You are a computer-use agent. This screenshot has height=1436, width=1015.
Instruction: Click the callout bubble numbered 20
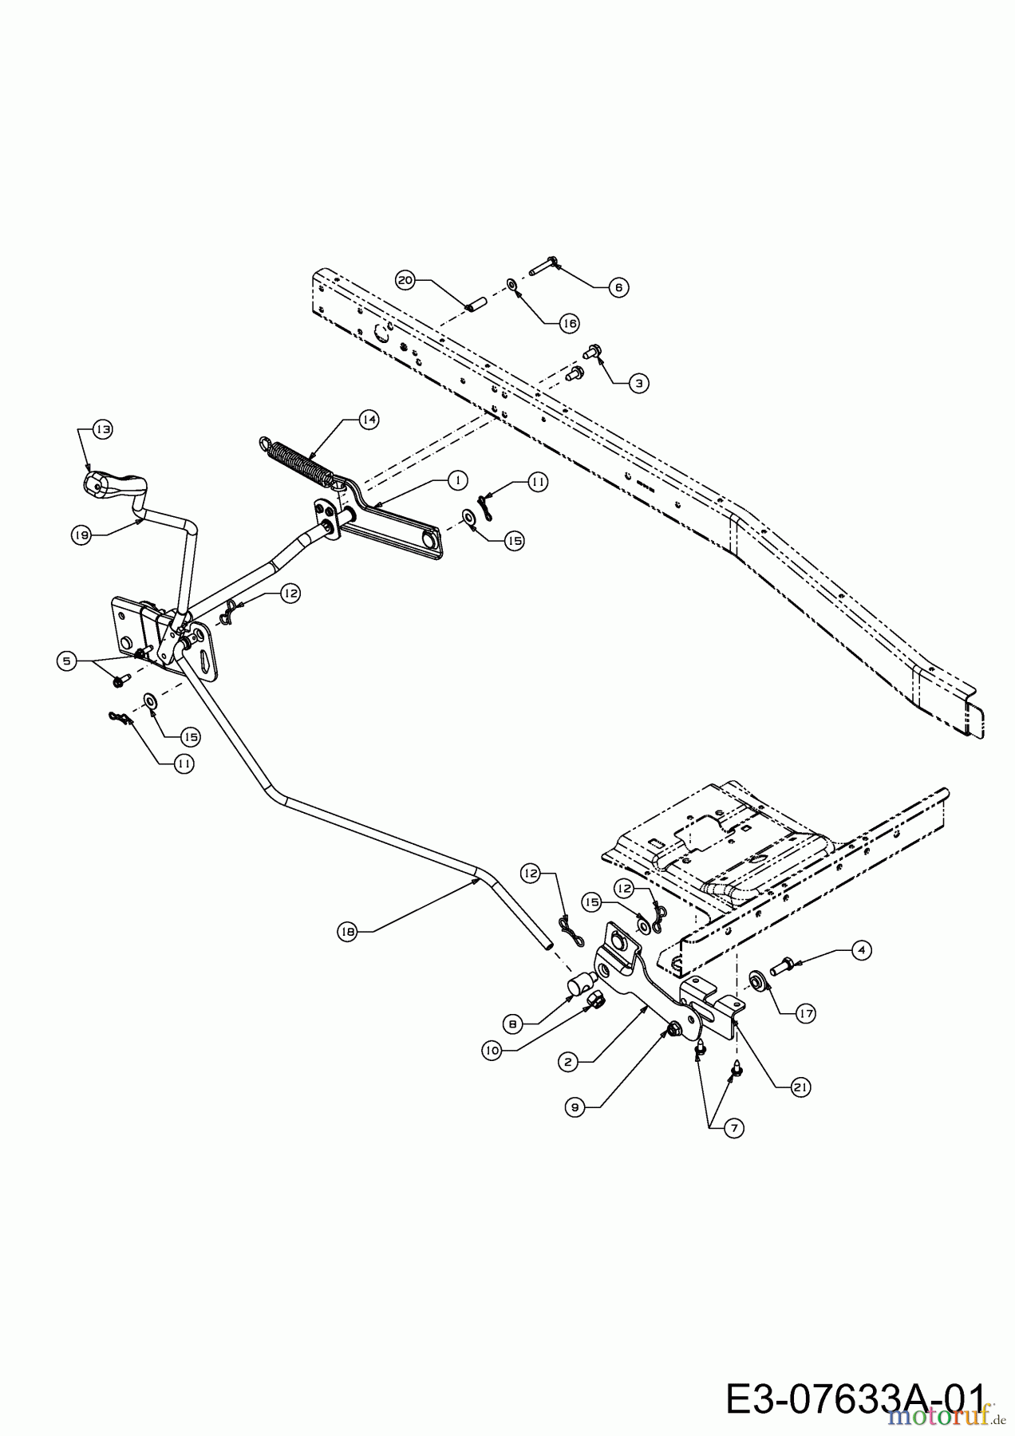(406, 279)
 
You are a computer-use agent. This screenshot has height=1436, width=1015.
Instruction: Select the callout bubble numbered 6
(618, 287)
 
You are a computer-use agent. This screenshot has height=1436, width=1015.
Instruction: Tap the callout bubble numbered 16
(568, 323)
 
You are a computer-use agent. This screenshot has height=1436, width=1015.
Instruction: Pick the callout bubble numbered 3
(638, 383)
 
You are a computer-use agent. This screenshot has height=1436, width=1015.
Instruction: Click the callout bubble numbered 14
(367, 420)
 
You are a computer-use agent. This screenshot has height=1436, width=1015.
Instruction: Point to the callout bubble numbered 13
(102, 428)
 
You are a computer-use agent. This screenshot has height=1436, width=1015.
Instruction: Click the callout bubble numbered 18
(346, 929)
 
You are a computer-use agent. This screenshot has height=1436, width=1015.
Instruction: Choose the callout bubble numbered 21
(800, 1087)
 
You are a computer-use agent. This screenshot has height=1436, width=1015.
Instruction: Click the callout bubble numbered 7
(733, 1127)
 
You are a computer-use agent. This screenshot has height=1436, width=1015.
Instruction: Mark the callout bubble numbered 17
(805, 1013)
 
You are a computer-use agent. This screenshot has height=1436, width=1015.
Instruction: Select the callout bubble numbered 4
(861, 950)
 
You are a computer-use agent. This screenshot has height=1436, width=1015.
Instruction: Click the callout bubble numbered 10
(492, 1051)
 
